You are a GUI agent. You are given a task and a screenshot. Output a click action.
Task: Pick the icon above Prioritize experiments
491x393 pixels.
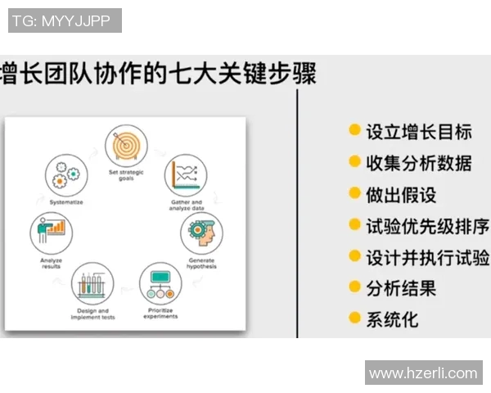tap(160, 284)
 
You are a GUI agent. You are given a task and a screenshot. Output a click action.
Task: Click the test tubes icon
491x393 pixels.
tap(92, 285)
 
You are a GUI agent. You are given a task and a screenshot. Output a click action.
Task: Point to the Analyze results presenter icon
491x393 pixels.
tap(52, 233)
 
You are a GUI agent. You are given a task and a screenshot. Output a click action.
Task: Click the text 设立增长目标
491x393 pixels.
tap(418, 131)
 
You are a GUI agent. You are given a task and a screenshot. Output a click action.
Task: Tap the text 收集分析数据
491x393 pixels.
tap(418, 162)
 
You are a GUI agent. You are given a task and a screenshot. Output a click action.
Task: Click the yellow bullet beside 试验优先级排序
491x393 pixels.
tap(354, 225)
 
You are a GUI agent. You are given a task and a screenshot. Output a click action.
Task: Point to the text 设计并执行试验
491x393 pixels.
tap(426, 256)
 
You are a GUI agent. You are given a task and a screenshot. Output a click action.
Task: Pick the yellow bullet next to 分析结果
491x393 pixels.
tap(354, 287)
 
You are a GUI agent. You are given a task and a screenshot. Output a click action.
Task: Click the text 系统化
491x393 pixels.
tap(392, 318)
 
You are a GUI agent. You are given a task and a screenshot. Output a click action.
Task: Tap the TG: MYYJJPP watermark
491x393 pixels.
tap(65, 20)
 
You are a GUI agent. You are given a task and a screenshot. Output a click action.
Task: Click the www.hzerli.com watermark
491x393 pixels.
tap(423, 373)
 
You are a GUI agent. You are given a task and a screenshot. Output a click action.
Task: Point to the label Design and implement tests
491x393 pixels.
tap(92, 314)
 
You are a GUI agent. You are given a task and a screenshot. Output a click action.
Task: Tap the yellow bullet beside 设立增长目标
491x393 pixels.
tap(354, 131)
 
